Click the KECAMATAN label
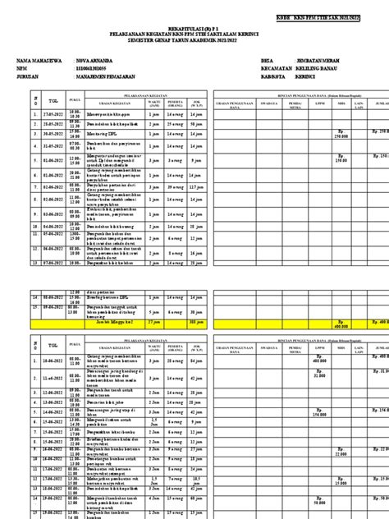(247, 71)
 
